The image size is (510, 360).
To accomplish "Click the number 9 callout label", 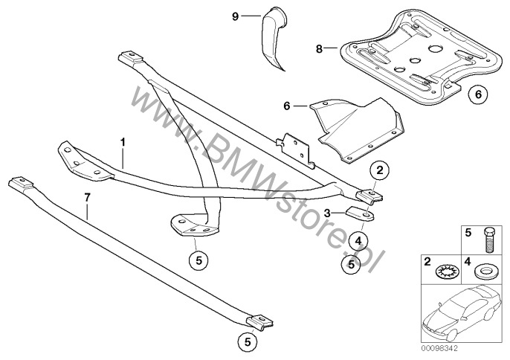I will coord(236,15).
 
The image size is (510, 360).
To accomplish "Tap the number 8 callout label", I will coord(319,50).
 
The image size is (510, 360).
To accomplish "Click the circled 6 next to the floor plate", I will coord(478,95).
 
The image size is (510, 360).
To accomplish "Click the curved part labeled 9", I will coord(274,37).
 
